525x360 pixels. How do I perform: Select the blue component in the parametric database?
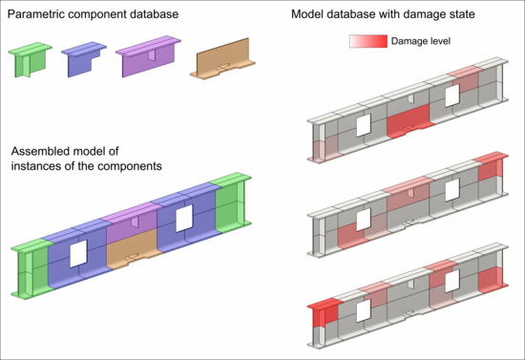(82, 61)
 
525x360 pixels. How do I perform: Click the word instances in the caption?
(39, 166)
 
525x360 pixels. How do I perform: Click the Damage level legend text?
(421, 42)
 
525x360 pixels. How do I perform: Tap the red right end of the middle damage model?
(490, 166)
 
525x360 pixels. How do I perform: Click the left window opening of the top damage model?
(362, 126)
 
